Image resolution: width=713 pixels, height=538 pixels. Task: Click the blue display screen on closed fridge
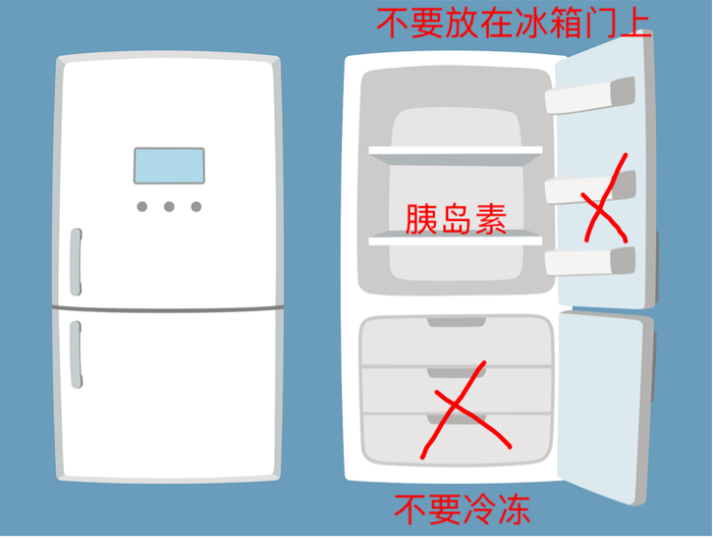coord(169,165)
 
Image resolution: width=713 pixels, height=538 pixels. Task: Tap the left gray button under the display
coord(142,207)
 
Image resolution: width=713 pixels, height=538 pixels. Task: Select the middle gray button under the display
coord(169,207)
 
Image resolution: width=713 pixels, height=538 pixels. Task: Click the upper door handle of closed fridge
coord(76,262)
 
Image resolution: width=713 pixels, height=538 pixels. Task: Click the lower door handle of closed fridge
coord(76,354)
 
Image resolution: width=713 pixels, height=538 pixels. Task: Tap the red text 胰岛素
coord(456,218)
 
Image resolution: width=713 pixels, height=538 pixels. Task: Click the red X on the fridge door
coord(604,198)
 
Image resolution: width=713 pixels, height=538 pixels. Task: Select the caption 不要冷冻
coord(462,509)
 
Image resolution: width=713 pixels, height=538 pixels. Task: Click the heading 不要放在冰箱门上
coord(514,23)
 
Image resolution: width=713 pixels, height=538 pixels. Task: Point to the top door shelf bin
coord(589,96)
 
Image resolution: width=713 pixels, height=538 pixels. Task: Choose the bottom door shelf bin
coord(589,262)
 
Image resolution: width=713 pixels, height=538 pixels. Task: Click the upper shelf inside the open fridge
coord(455,156)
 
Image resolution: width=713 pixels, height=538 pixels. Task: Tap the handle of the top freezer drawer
coord(456,322)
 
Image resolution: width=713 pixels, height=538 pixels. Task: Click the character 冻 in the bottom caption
coord(514,509)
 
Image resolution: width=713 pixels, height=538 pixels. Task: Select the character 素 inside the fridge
coord(491,219)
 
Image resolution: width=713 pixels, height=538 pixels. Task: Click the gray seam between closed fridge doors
coord(168,309)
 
